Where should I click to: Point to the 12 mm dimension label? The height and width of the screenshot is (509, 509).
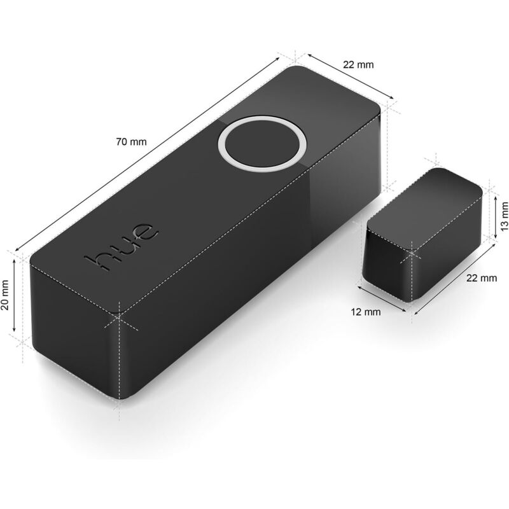(x=366, y=312)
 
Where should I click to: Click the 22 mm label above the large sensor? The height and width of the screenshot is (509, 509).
(x=359, y=64)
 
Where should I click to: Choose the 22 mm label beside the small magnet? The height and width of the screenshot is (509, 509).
(x=481, y=278)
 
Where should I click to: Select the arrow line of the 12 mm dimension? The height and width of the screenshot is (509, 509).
(x=382, y=299)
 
